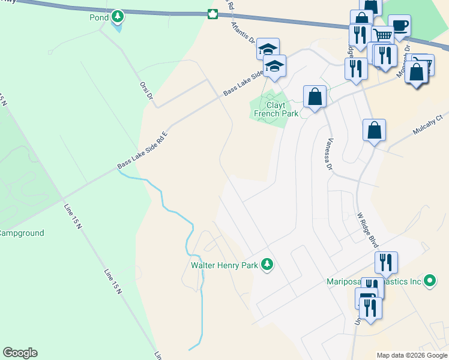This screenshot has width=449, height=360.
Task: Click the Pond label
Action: [99, 17]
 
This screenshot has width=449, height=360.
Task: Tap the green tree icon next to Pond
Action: [118, 15]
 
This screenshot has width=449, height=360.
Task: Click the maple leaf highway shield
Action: [211, 14]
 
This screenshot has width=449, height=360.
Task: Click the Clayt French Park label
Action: [276, 109]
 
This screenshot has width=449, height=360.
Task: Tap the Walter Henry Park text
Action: [224, 265]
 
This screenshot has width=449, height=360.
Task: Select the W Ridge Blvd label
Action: [367, 230]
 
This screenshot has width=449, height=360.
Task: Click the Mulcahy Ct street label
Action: [427, 125]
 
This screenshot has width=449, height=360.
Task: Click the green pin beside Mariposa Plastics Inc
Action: [429, 280]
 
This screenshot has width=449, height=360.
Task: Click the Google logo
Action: [20, 353]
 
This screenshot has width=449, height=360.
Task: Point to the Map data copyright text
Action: [412, 355]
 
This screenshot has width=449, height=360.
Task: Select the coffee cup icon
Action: [399, 25]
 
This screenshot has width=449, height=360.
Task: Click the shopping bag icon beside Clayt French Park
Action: [315, 96]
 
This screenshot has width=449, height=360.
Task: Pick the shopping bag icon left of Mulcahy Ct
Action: [374, 130]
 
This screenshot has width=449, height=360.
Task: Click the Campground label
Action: [22, 233]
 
